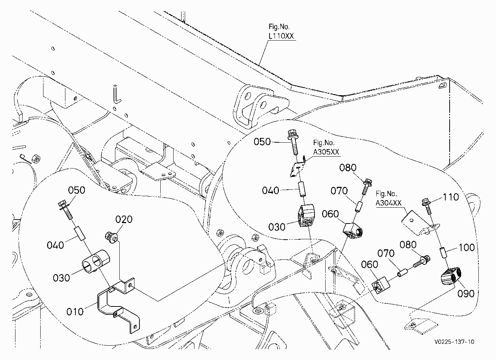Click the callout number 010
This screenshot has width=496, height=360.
75,312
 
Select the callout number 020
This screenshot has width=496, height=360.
124,219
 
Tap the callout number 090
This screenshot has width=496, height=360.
466,294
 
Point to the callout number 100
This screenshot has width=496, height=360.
466,247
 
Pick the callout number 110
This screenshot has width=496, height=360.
451,197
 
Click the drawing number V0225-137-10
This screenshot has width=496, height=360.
454,342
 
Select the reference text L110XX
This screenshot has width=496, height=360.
281,36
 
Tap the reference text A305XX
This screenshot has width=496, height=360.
326,152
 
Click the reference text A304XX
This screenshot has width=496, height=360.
389,203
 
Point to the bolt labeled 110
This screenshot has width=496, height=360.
427,206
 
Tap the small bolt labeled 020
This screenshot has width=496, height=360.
111,237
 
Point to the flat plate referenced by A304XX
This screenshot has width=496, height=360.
417,223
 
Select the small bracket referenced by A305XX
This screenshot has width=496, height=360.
298,167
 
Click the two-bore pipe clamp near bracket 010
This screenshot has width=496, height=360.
96,262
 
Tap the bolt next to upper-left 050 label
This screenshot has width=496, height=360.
65,210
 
